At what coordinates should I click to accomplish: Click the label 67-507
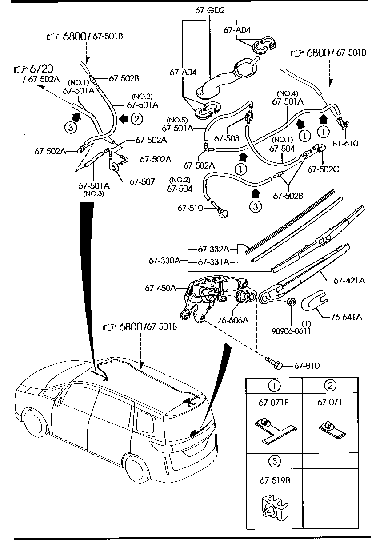point(142,181)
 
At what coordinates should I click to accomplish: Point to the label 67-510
point(190,208)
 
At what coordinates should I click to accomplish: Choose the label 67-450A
point(160,288)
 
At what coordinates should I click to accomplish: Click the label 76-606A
point(232,319)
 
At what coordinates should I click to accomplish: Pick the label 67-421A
point(349,280)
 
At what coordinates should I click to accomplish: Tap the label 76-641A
point(346,317)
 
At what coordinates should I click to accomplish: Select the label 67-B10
point(307,366)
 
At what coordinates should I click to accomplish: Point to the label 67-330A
point(164,260)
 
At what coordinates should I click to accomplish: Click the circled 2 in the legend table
point(329,385)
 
